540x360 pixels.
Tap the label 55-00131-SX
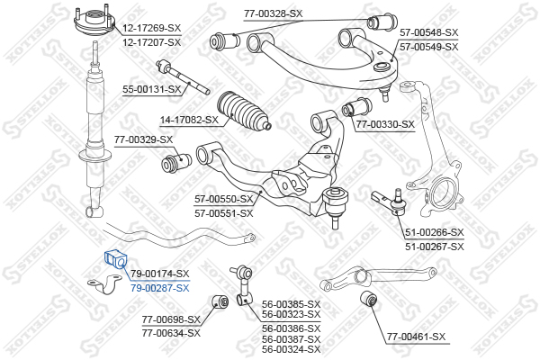[x=152, y=89]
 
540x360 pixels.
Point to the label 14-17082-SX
[x=189, y=119]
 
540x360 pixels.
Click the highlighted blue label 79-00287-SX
[x=160, y=288]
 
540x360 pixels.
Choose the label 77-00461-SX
[x=416, y=337]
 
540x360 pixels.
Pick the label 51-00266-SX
[x=434, y=232]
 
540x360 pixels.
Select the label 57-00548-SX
[x=428, y=31]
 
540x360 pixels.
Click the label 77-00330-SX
[x=385, y=124]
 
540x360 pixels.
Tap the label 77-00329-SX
[x=143, y=139]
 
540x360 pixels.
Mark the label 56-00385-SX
[x=291, y=304]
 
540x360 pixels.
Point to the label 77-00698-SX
[x=172, y=320]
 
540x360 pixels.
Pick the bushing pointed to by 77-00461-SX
[x=367, y=299]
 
